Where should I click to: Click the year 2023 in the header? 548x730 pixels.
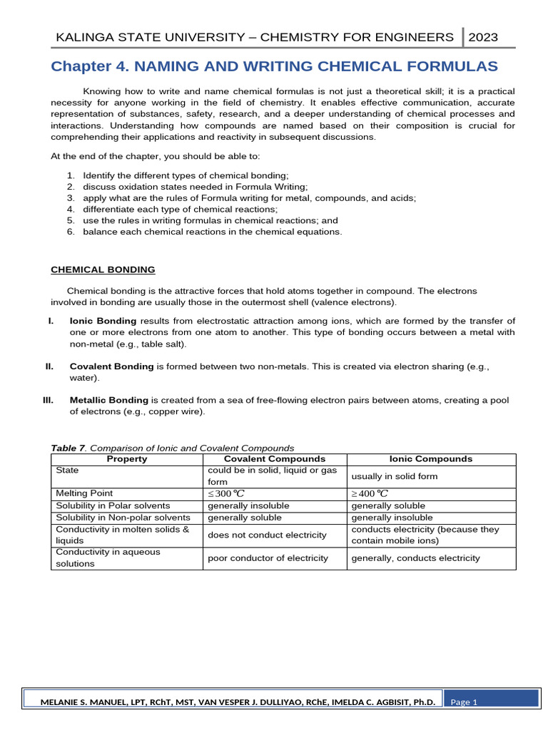tap(484, 37)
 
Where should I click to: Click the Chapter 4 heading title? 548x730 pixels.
tap(274, 67)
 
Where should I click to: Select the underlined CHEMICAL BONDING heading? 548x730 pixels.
tap(103, 269)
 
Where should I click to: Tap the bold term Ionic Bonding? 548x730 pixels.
tap(103, 321)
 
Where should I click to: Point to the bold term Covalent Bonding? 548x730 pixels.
tap(111, 366)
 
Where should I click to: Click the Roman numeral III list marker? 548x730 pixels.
tap(49, 401)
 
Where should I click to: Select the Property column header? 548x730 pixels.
tap(127, 459)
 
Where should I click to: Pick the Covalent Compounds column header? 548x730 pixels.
tap(275, 459)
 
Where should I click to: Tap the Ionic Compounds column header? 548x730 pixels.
tap(430, 459)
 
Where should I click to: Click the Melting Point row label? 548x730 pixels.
tap(84, 493)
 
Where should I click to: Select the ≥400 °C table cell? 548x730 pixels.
tap(370, 494)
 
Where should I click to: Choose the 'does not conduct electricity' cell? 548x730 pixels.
tap(266, 535)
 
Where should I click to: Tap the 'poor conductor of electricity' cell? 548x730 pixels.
tap(268, 558)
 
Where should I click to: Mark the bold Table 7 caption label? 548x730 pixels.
tap(68, 448)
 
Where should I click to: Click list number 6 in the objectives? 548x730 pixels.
tap(71, 232)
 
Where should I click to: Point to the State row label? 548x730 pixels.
tap(67, 471)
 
